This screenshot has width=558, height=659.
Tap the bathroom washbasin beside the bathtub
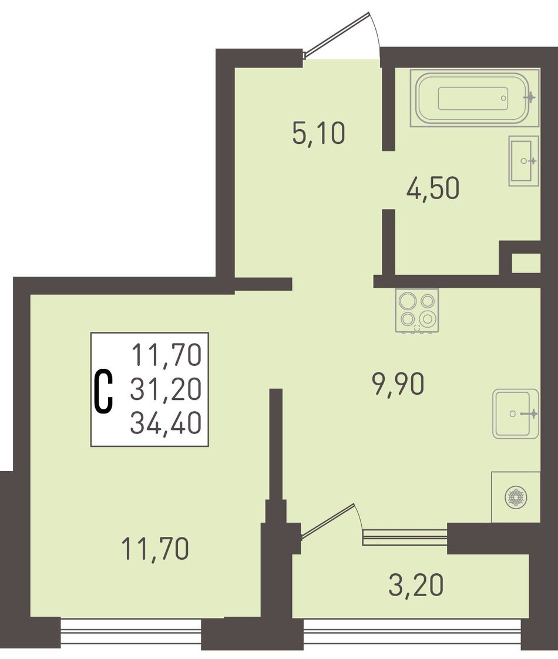click(523, 160)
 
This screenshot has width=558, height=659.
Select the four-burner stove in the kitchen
click(417, 311)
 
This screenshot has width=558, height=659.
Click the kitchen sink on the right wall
click(516, 414)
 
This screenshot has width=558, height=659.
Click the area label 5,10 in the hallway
click(319, 133)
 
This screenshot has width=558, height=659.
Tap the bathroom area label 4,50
click(433, 188)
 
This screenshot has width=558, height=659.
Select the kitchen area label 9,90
click(398, 384)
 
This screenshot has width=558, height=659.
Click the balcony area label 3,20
click(416, 585)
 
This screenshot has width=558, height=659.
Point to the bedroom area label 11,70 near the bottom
click(155, 549)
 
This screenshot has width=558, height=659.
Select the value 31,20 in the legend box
click(166, 389)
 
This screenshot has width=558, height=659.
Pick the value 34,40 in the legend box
click(166, 422)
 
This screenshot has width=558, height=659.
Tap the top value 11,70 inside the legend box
click(167, 355)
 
